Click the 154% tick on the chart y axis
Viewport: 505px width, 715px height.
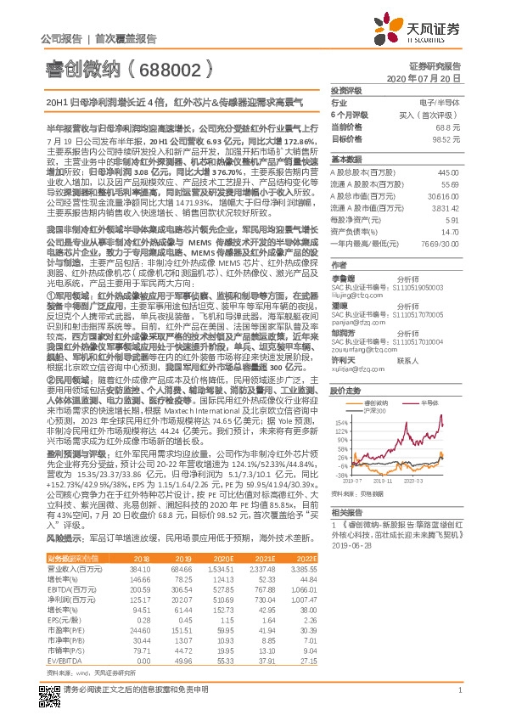339,444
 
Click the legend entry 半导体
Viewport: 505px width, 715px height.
423,425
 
